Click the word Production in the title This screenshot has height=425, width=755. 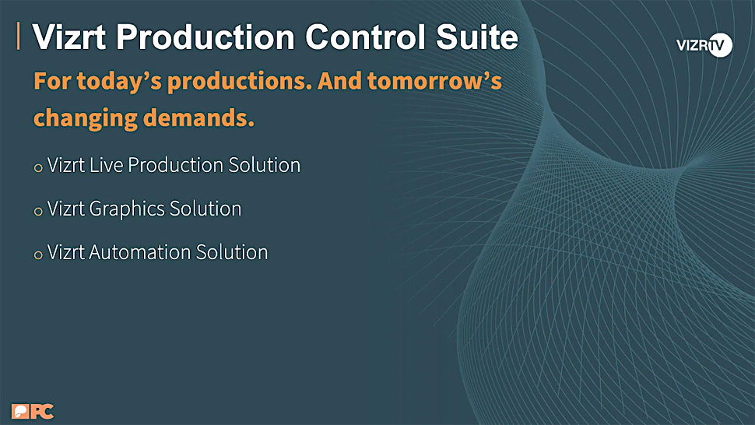click(x=205, y=37)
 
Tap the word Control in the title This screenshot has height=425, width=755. click(x=366, y=37)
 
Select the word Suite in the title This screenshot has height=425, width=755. click(x=476, y=37)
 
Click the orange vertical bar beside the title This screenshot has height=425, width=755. click(x=19, y=36)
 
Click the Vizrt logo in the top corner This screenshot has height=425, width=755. click(x=704, y=45)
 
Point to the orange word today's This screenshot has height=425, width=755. click(x=119, y=81)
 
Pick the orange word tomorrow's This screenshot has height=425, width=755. click(x=434, y=81)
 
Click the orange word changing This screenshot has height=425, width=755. click(x=85, y=118)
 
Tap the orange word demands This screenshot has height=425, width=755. click(x=198, y=118)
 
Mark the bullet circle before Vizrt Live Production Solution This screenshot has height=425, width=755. click(x=38, y=168)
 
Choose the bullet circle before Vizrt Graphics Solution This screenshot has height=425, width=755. click(x=38, y=211)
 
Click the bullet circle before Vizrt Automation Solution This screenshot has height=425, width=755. click(x=38, y=255)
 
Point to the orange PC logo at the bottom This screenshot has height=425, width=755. click(x=33, y=412)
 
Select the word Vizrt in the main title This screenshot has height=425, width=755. click(x=68, y=37)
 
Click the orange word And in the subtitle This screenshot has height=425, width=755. click(x=339, y=81)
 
